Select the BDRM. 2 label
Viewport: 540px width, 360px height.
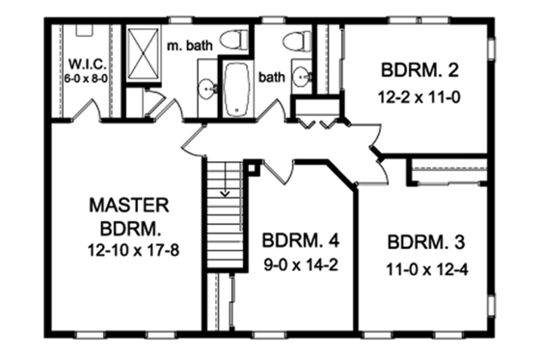(416, 69)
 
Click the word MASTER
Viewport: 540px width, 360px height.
(129, 205)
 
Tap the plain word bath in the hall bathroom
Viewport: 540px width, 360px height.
(273, 74)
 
